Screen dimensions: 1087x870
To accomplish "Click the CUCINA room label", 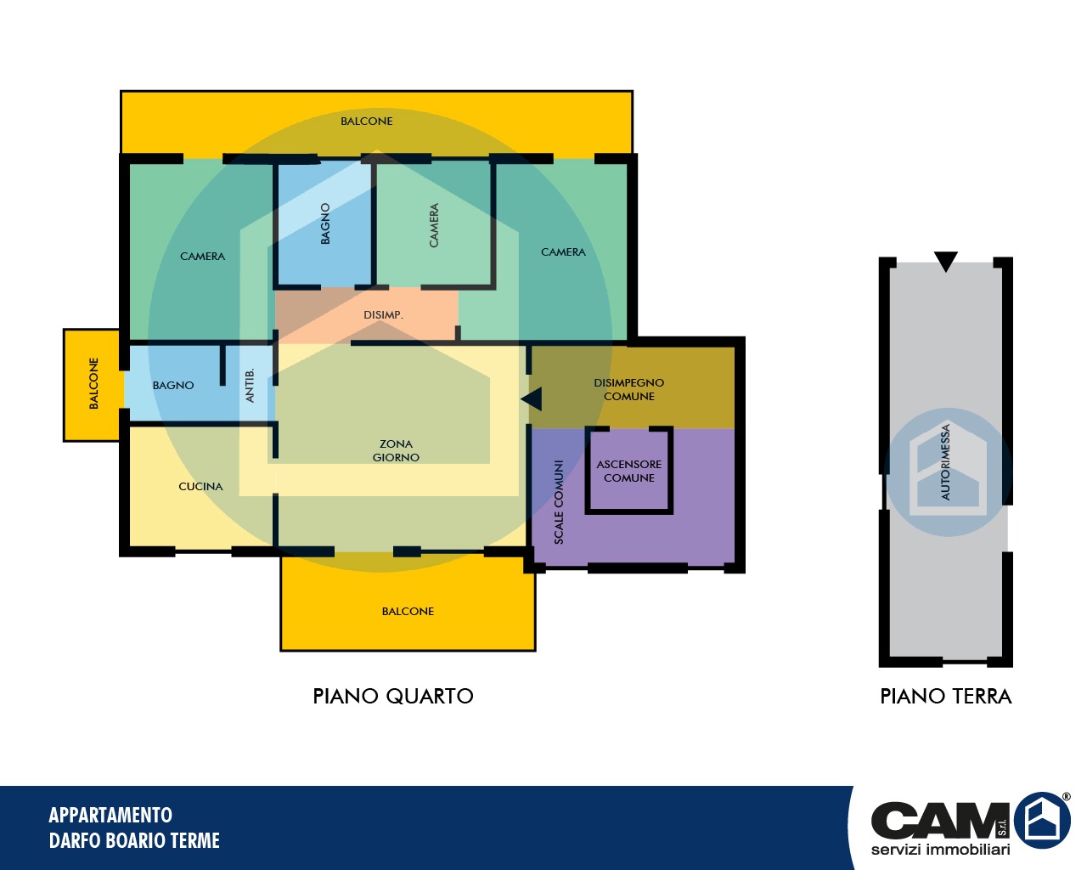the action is (x=200, y=486).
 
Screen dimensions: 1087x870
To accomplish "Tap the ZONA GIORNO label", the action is (x=396, y=450).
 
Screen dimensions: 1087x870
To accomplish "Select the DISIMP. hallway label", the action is (x=383, y=315).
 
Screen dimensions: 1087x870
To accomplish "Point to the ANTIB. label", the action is (x=250, y=385).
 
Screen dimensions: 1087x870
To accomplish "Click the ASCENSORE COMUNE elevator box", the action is (x=629, y=470).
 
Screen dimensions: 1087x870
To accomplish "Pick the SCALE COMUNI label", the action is (x=559, y=502).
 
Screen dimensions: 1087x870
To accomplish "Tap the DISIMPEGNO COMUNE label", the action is (x=629, y=389).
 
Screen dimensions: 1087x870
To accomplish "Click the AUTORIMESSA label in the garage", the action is (x=945, y=462).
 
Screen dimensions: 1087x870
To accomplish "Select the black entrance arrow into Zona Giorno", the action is (x=532, y=399).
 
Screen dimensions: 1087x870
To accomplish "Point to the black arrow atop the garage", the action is (x=946, y=261).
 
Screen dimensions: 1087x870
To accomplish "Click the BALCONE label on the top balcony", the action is (x=367, y=121).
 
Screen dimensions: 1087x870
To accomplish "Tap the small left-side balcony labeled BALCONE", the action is (x=92, y=385).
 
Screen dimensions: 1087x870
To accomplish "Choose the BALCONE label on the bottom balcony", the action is (x=408, y=611).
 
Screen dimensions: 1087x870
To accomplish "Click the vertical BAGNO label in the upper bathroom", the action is (x=325, y=223).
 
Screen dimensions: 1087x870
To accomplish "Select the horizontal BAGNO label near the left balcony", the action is (x=173, y=385).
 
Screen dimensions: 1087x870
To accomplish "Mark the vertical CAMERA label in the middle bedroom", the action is (x=433, y=225).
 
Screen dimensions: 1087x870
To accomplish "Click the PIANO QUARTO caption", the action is (x=393, y=696).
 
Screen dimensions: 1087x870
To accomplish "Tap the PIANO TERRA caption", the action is (x=945, y=696).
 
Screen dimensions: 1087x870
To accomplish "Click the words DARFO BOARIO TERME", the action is (x=134, y=840).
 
